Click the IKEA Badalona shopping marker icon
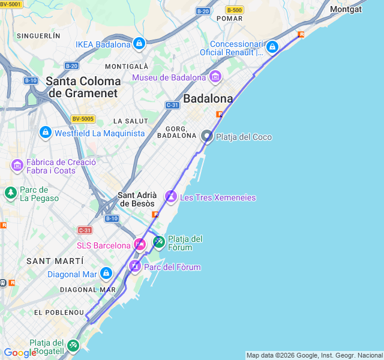click(139, 43)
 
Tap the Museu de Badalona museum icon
click(215, 77)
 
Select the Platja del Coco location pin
click(207, 136)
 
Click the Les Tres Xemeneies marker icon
click(171, 197)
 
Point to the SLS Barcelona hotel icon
click(140, 244)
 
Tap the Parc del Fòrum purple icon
click(135, 266)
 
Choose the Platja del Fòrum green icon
click(159, 242)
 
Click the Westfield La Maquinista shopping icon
click(45, 132)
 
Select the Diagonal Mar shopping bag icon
click(106, 274)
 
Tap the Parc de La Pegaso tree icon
click(10, 193)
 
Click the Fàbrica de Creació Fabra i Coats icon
click(17, 165)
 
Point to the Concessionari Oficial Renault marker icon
click(272, 47)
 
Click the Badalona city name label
click(208, 98)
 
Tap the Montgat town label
click(346, 9)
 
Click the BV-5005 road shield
click(83, 119)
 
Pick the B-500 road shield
click(234, 10)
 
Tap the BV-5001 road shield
click(11, 4)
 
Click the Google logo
click(20, 353)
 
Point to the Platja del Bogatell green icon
click(73, 345)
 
